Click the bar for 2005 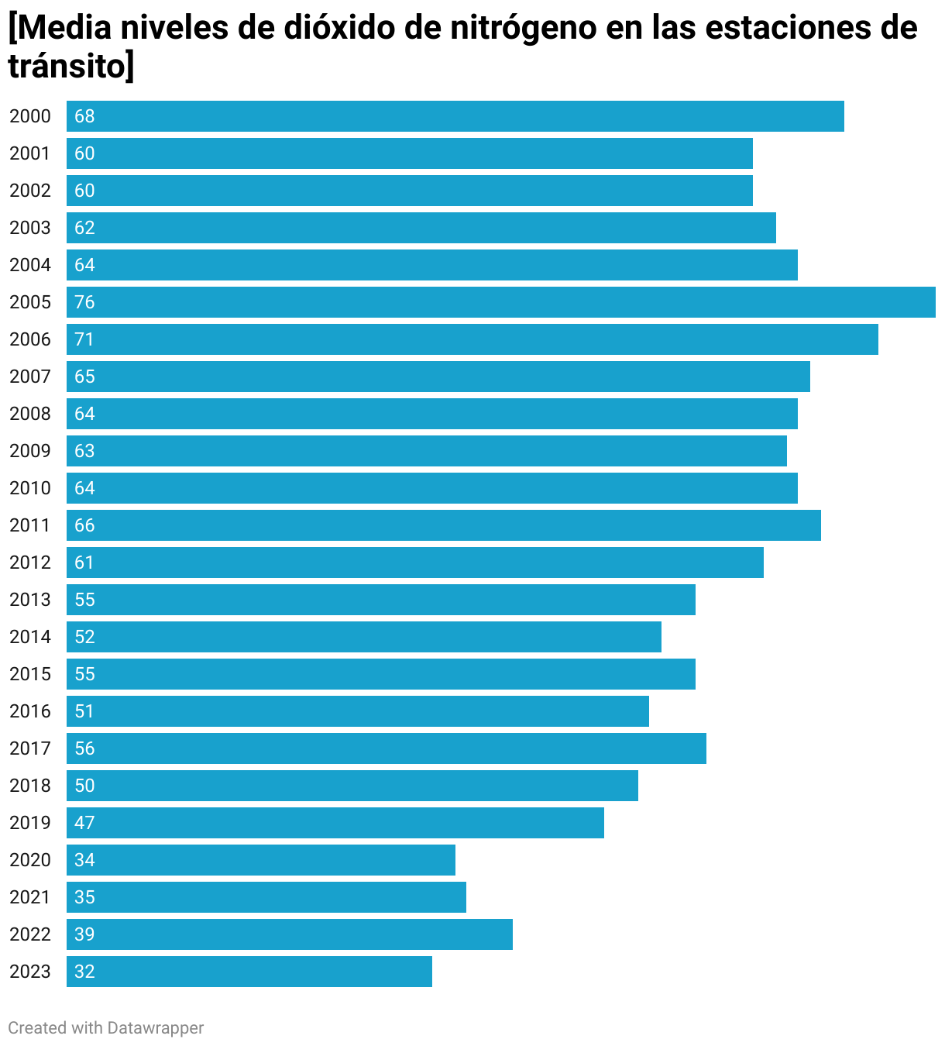click(500, 302)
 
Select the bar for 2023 click(249, 972)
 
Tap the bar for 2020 click(261, 860)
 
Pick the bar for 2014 click(364, 637)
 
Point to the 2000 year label click(30, 116)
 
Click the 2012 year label click(30, 563)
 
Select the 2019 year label click(30, 823)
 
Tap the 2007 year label click(30, 377)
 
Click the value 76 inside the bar click(84, 302)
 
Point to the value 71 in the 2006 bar click(84, 339)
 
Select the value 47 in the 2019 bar click(84, 823)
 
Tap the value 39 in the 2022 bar click(84, 934)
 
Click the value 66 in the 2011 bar click(84, 525)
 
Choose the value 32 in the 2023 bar click(84, 972)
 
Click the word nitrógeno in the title click(523, 29)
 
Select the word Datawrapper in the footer click(155, 1027)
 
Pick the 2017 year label click(30, 748)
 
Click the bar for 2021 click(266, 897)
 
